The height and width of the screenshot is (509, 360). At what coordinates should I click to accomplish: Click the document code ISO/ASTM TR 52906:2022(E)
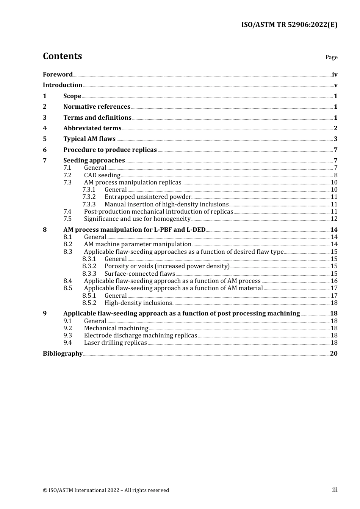(x=289, y=25)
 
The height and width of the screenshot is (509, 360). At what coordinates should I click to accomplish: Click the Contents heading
(x=62, y=56)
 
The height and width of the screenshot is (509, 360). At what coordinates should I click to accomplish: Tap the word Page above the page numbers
(x=331, y=57)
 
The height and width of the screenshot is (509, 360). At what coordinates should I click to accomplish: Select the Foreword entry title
(x=58, y=75)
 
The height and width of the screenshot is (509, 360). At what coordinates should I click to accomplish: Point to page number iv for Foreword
(x=334, y=75)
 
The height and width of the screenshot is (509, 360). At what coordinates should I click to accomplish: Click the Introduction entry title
(x=63, y=85)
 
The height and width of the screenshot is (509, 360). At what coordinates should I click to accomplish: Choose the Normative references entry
(x=97, y=107)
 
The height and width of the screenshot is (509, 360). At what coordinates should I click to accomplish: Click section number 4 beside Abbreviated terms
(x=45, y=128)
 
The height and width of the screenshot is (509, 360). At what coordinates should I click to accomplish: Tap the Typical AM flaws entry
(x=89, y=139)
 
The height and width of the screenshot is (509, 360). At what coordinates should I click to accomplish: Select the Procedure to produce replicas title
(x=110, y=150)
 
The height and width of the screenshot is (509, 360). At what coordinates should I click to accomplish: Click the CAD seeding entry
(x=102, y=175)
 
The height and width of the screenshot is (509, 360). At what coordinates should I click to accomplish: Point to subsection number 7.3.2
(x=89, y=197)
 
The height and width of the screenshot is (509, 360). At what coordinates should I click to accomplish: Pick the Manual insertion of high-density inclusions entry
(x=166, y=205)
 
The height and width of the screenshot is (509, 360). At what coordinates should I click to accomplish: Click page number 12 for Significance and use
(x=334, y=219)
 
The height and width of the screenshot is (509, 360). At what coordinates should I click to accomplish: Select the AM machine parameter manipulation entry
(x=138, y=244)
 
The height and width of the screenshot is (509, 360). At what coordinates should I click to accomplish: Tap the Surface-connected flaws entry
(x=139, y=274)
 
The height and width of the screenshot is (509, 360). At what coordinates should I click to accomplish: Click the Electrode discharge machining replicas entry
(x=140, y=336)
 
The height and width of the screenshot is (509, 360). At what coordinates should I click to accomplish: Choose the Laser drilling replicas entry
(x=115, y=343)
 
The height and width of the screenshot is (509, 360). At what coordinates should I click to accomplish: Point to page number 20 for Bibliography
(x=333, y=354)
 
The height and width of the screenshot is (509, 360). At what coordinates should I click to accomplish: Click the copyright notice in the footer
(x=106, y=490)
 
